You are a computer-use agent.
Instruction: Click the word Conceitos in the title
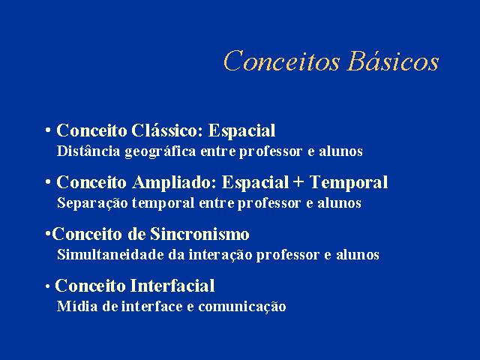[282, 61]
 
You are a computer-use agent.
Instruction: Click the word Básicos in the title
[394, 60]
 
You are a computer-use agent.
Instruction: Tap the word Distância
[88, 151]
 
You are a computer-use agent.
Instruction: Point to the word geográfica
[160, 151]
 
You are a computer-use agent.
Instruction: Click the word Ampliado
[174, 183]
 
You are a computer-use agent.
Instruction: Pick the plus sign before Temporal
[298, 181]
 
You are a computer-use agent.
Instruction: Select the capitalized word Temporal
[349, 183]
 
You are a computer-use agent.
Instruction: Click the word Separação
[92, 203]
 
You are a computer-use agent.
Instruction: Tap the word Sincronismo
[199, 234]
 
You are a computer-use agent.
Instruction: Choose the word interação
[220, 255]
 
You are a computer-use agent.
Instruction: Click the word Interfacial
[173, 286]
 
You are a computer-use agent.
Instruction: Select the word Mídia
[77, 306]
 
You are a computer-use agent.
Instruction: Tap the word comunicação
[242, 307]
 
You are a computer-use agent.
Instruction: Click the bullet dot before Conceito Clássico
[48, 130]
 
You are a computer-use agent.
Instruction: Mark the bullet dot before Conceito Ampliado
[48, 182]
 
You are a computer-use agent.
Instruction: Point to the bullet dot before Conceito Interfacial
[47, 286]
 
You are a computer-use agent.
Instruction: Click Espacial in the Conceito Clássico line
[241, 131]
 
